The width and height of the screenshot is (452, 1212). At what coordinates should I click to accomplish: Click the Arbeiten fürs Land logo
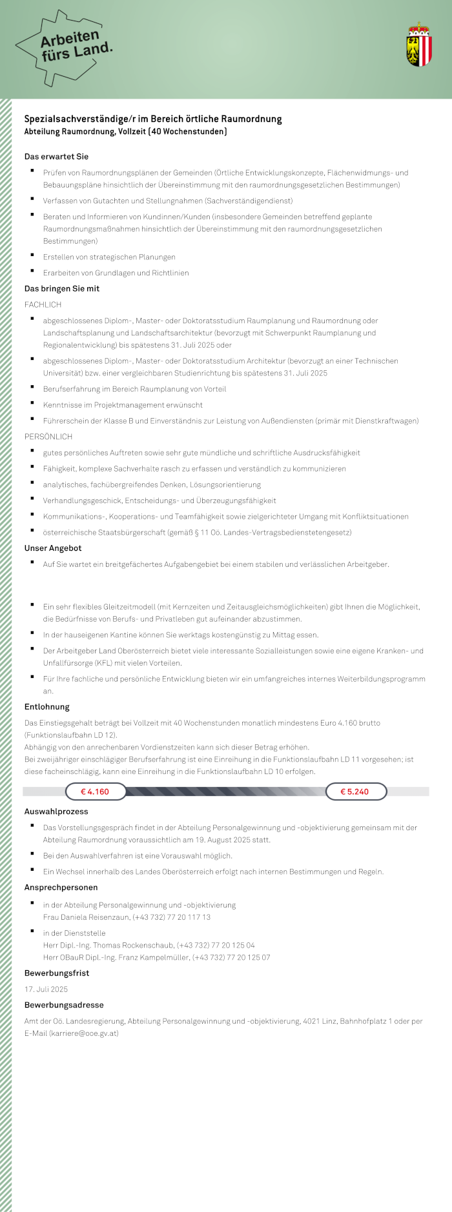pyautogui.click(x=65, y=48)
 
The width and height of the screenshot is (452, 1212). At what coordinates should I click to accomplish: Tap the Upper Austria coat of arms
pyautogui.click(x=418, y=45)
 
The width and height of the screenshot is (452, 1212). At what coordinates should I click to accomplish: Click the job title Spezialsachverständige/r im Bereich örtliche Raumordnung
pyautogui.click(x=153, y=119)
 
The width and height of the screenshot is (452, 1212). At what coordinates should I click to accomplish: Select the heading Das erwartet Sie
pyautogui.click(x=56, y=157)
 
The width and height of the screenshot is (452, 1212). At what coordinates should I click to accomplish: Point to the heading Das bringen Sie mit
pyautogui.click(x=62, y=288)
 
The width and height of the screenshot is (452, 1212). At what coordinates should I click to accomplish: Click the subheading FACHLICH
pyautogui.click(x=43, y=304)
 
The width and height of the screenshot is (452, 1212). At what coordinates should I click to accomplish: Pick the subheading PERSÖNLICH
pyautogui.click(x=48, y=437)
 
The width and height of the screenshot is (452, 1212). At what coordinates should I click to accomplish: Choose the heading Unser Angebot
pyautogui.click(x=53, y=548)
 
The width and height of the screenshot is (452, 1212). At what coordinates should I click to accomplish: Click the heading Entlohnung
pyautogui.click(x=46, y=707)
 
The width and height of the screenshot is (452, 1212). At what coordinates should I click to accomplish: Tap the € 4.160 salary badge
pyautogui.click(x=95, y=791)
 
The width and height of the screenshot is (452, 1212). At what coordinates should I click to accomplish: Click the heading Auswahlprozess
pyautogui.click(x=56, y=811)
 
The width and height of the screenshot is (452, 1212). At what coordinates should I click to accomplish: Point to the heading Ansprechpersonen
pyautogui.click(x=61, y=888)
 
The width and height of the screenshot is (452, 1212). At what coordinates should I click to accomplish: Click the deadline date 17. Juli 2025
pyautogui.click(x=46, y=989)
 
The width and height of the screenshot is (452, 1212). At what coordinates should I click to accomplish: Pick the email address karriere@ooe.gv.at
pyautogui.click(x=84, y=1033)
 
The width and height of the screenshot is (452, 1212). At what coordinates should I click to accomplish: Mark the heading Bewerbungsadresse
pyautogui.click(x=64, y=1005)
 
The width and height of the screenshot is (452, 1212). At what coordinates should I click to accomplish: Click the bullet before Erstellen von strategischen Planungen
pyautogui.click(x=32, y=255)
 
